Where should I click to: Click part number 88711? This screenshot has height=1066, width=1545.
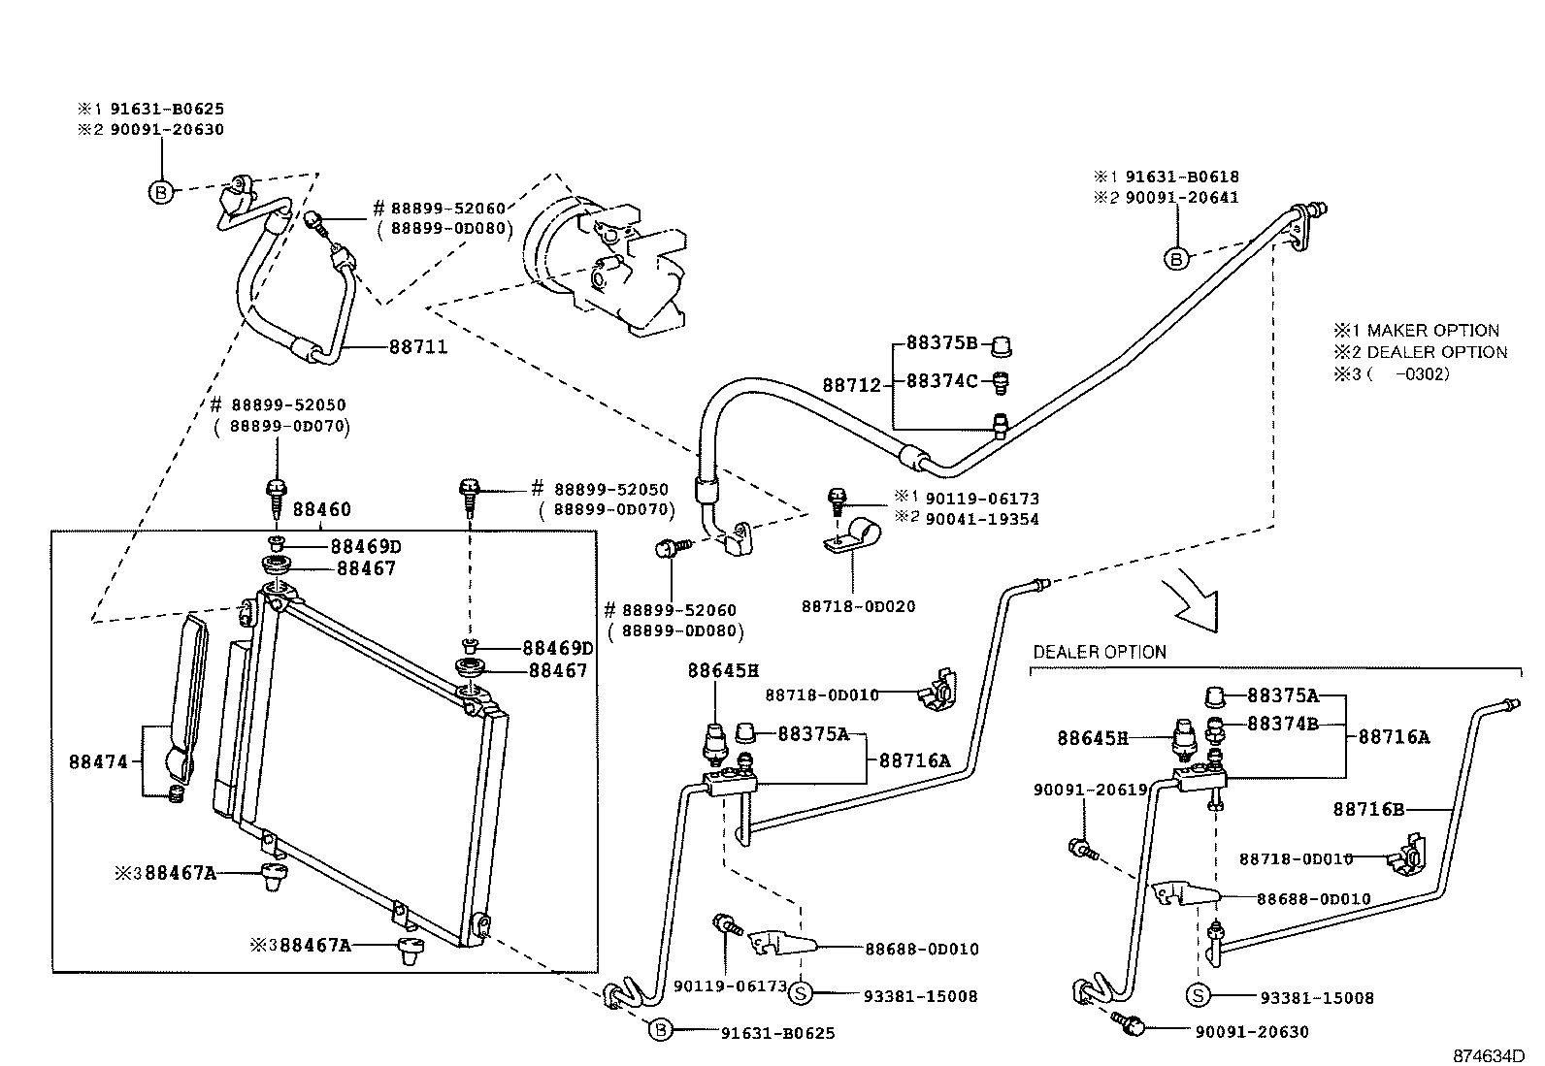point(418,347)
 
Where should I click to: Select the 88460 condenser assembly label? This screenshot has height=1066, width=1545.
point(321,509)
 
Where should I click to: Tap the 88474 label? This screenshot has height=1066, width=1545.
point(99,762)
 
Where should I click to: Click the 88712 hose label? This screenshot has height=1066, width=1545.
point(852,385)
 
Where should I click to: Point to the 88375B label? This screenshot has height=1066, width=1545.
point(941,342)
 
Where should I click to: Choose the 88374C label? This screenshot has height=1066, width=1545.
point(941,380)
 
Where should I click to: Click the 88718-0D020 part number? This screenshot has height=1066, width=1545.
point(858,607)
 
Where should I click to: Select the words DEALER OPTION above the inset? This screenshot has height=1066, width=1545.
point(1100,652)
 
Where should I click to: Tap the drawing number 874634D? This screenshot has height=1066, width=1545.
point(1489,1055)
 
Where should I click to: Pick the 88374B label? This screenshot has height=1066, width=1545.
point(1283,724)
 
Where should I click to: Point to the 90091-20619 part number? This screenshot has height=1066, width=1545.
point(1091,790)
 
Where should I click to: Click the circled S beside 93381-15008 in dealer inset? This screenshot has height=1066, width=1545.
point(1199,995)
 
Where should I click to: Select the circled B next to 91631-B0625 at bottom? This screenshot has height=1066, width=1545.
point(660,1031)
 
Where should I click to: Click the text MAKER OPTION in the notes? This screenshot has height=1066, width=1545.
point(1432,331)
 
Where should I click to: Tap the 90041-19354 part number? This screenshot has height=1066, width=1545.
point(982,519)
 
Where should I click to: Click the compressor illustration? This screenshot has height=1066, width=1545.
point(605,266)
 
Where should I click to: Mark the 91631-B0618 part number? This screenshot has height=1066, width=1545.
point(1182,177)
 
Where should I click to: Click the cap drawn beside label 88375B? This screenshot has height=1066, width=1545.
point(1001,347)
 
